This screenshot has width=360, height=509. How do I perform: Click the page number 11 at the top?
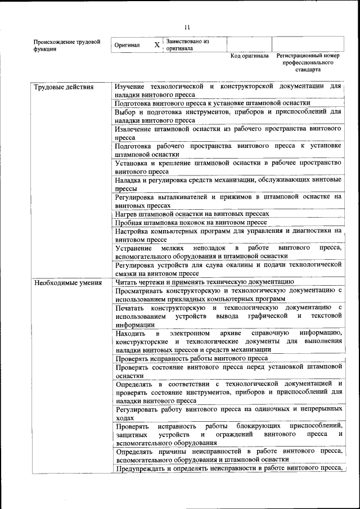(x=187, y=26)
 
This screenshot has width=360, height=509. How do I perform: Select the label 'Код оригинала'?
(x=249, y=56)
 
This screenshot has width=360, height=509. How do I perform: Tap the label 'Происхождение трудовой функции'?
(x=66, y=45)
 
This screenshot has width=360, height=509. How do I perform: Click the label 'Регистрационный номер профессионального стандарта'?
(x=308, y=63)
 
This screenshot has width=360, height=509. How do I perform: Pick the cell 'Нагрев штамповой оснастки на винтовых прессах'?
(x=192, y=214)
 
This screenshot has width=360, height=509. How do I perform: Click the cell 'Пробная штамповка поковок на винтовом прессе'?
(x=191, y=222)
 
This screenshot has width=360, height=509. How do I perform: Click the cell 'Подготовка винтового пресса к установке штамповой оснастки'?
(x=212, y=103)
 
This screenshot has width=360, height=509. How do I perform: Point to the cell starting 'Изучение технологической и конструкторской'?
(x=228, y=90)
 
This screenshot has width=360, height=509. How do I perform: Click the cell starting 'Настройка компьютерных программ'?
(x=228, y=235)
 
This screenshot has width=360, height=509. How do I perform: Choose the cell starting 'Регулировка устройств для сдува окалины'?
(x=228, y=268)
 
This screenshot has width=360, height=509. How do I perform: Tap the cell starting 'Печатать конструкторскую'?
(x=228, y=316)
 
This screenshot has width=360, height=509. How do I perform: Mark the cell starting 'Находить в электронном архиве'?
(x=228, y=341)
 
